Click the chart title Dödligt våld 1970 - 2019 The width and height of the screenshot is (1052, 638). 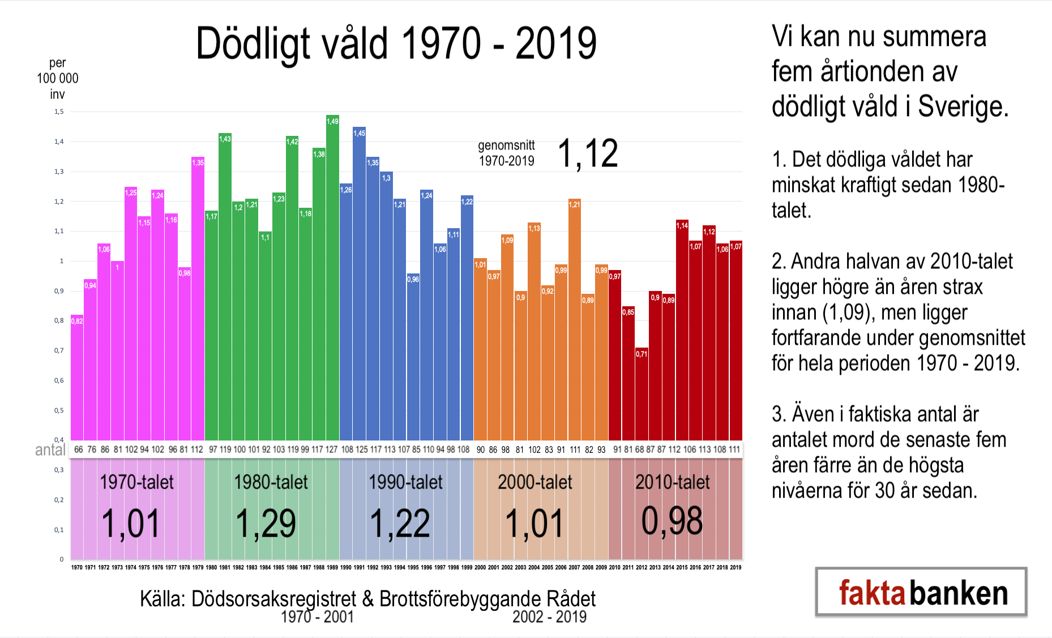coord(396,44)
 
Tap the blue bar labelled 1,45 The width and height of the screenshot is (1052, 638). coord(359,283)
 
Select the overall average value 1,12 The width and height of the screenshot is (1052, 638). coord(587,153)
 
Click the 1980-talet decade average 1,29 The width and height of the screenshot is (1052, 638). coord(266,524)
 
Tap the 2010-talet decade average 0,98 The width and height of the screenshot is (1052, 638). coord(672,521)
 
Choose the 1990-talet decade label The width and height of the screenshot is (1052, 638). coord(405,482)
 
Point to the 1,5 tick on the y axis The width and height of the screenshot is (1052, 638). coord(59,112)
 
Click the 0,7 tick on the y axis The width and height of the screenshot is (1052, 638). coord(59,350)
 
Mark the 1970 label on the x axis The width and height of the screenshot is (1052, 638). coord(76,567)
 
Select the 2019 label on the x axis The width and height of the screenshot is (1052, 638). coord(735,567)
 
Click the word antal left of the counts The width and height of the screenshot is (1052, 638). coord(50,450)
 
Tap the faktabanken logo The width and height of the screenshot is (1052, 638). coord(921,592)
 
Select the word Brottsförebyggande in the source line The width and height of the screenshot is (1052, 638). coord(460,598)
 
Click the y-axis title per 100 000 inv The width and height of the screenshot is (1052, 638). coord(58,79)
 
